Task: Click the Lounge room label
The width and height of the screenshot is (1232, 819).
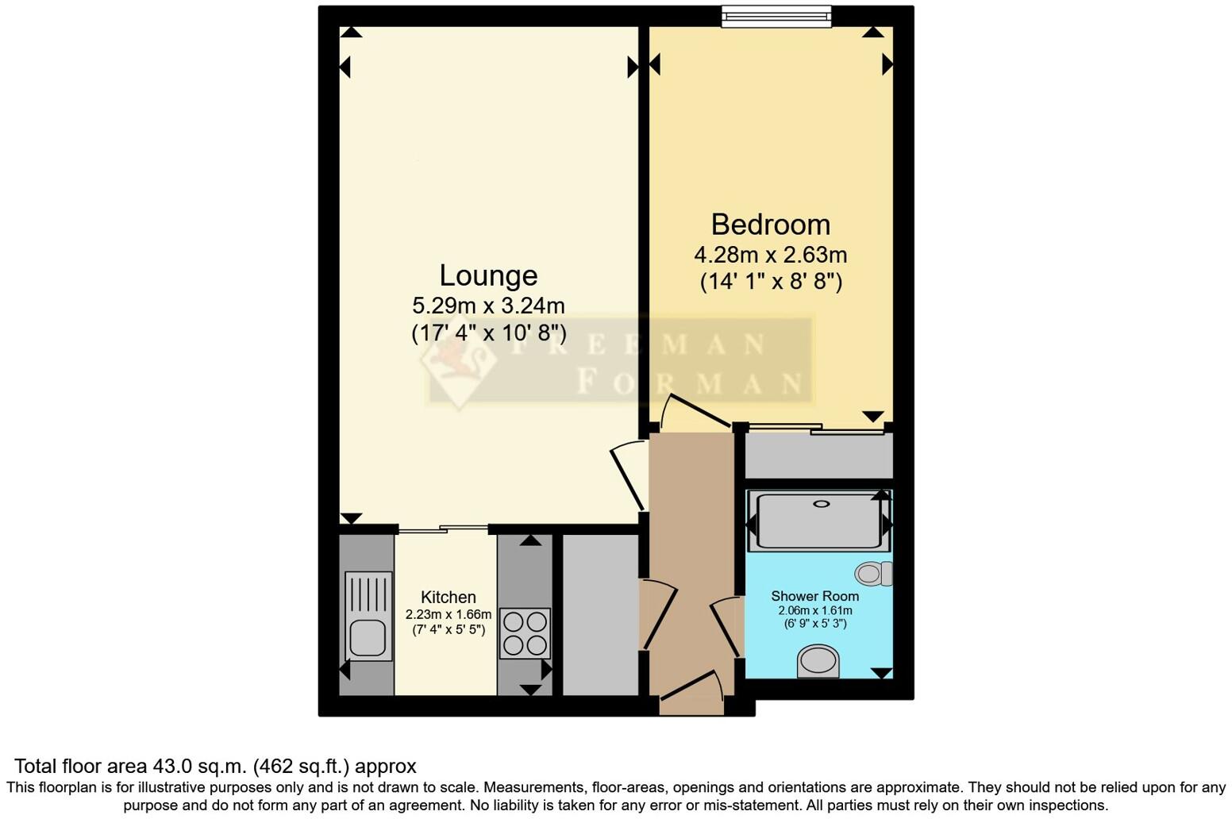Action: (x=488, y=275)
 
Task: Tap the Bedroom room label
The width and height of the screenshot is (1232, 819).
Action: (x=770, y=225)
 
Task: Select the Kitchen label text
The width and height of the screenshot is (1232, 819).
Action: (x=449, y=598)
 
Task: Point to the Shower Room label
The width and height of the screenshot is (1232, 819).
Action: (x=814, y=596)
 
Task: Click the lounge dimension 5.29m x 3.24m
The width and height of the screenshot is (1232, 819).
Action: (x=488, y=305)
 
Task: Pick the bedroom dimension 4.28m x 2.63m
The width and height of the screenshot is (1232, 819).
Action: (x=770, y=255)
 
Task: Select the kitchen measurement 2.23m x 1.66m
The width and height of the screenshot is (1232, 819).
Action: (x=449, y=614)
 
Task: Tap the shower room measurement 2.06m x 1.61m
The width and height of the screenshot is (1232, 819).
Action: (x=814, y=610)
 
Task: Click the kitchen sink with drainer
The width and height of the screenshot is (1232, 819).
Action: (x=368, y=616)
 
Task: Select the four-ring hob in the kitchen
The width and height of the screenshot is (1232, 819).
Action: (x=525, y=633)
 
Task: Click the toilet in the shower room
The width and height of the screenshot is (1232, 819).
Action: (x=874, y=573)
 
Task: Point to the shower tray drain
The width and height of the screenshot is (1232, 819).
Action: (x=822, y=503)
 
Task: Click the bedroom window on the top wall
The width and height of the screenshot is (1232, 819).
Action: (x=776, y=16)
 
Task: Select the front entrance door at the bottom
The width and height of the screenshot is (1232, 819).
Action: (x=691, y=686)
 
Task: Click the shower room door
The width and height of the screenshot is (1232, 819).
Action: (x=726, y=627)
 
